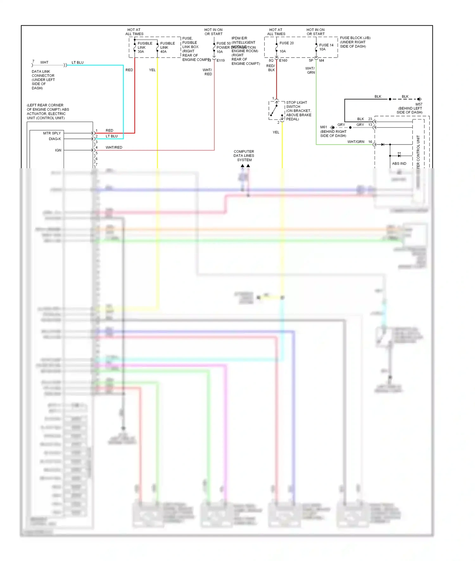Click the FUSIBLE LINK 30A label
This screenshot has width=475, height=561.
[x=145, y=47]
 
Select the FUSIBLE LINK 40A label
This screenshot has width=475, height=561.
[x=167, y=47]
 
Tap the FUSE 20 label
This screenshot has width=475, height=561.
[x=286, y=43]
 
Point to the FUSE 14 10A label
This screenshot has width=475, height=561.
[x=326, y=47]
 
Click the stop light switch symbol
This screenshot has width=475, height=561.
[x=276, y=110]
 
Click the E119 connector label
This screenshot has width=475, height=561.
[x=221, y=60]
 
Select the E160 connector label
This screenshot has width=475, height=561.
[x=283, y=60]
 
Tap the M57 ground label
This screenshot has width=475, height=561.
[x=419, y=104]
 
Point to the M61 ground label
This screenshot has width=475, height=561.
[x=323, y=127]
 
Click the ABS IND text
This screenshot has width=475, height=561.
[x=399, y=163]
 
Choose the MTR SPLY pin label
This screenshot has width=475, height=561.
[x=52, y=133]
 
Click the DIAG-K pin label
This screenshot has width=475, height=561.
[x=55, y=139]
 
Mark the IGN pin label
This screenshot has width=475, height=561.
[x=58, y=150]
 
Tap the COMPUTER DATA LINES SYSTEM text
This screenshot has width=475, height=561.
[x=244, y=156]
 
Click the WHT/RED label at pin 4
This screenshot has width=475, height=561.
[x=114, y=147]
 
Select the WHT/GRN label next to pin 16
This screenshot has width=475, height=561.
[x=356, y=142]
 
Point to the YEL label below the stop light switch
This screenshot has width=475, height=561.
[x=276, y=132]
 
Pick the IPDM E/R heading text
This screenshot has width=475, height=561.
[x=239, y=38]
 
